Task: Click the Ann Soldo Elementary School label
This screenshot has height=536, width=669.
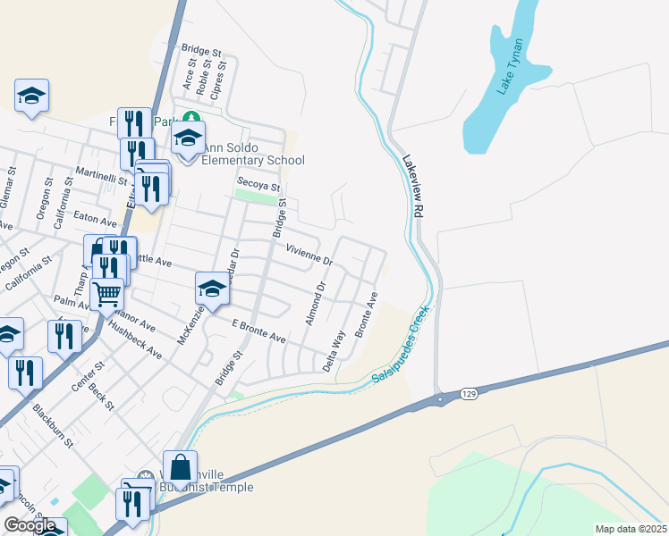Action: coord(253,154)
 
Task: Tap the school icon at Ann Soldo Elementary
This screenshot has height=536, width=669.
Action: coord(188,138)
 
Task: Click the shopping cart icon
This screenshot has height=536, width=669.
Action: coord(106,292)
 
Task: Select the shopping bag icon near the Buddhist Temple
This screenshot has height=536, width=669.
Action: coord(181,467)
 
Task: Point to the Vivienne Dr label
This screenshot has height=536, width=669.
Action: coord(309,255)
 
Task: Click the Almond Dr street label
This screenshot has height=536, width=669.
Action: coord(315,303)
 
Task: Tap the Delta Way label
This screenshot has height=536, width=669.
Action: coord(334,350)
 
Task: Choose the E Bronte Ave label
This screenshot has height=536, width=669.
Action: coord(258,331)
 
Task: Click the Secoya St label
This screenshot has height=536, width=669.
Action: coord(258,186)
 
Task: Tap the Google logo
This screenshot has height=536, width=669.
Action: coord(30,525)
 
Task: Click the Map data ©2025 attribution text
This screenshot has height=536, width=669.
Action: coord(631,529)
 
